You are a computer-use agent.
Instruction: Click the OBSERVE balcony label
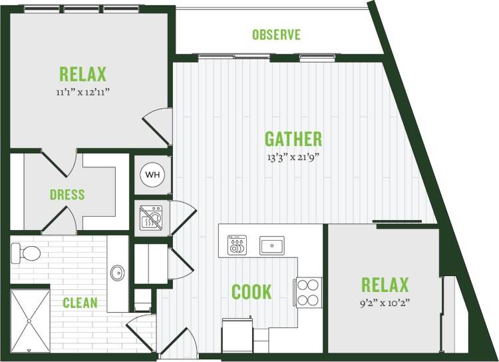tap(276, 35)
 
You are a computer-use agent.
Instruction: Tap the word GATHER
tap(293, 139)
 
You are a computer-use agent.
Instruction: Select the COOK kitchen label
tap(251, 291)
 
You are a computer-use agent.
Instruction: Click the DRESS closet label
tap(67, 195)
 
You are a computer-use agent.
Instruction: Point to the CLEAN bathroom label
tap(80, 303)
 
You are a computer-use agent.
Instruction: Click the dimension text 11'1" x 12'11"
tap(83, 93)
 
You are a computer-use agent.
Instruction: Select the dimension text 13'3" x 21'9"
tap(293, 158)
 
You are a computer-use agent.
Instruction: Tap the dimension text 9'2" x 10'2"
tap(385, 305)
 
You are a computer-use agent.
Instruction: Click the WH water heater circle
tap(152, 175)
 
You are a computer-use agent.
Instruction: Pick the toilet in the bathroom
tap(25, 252)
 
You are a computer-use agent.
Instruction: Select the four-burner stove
tap(308, 291)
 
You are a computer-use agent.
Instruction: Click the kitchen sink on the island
tap(271, 245)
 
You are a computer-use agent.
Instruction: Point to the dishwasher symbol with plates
tap(237, 245)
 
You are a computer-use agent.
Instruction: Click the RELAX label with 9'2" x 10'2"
tap(385, 285)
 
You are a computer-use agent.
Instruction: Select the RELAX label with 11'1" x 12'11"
tap(83, 73)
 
